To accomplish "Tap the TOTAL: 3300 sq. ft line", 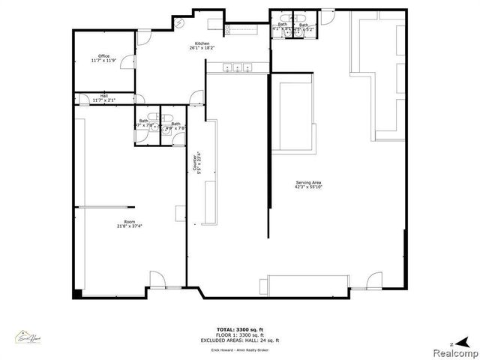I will coord(240,329).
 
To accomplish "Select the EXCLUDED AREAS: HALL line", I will coord(240,340).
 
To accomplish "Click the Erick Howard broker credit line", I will coord(240,350).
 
